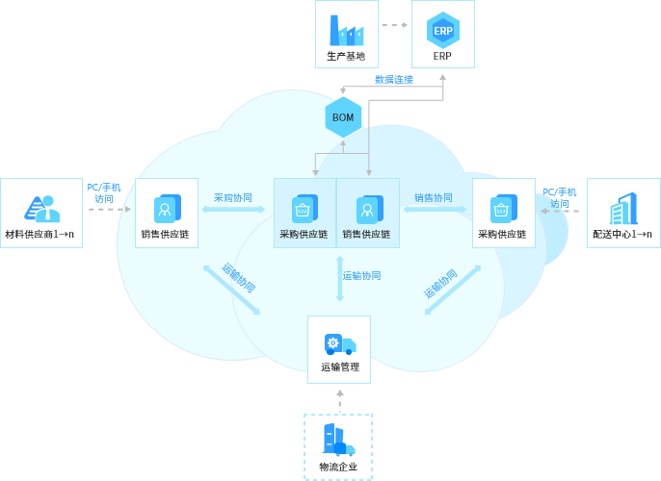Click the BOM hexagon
[343, 117]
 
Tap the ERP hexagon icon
[442, 30]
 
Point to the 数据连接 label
[393, 80]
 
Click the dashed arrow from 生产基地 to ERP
[394, 25]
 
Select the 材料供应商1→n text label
[40, 234]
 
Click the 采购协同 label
[233, 197]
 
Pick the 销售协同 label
[434, 197]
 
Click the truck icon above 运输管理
[339, 344]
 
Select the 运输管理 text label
[339, 367]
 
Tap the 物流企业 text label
[338, 467]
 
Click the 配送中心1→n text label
[622, 234]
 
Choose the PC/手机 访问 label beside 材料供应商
[103, 192]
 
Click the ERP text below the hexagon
[442, 56]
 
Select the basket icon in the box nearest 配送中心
[502, 209]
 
